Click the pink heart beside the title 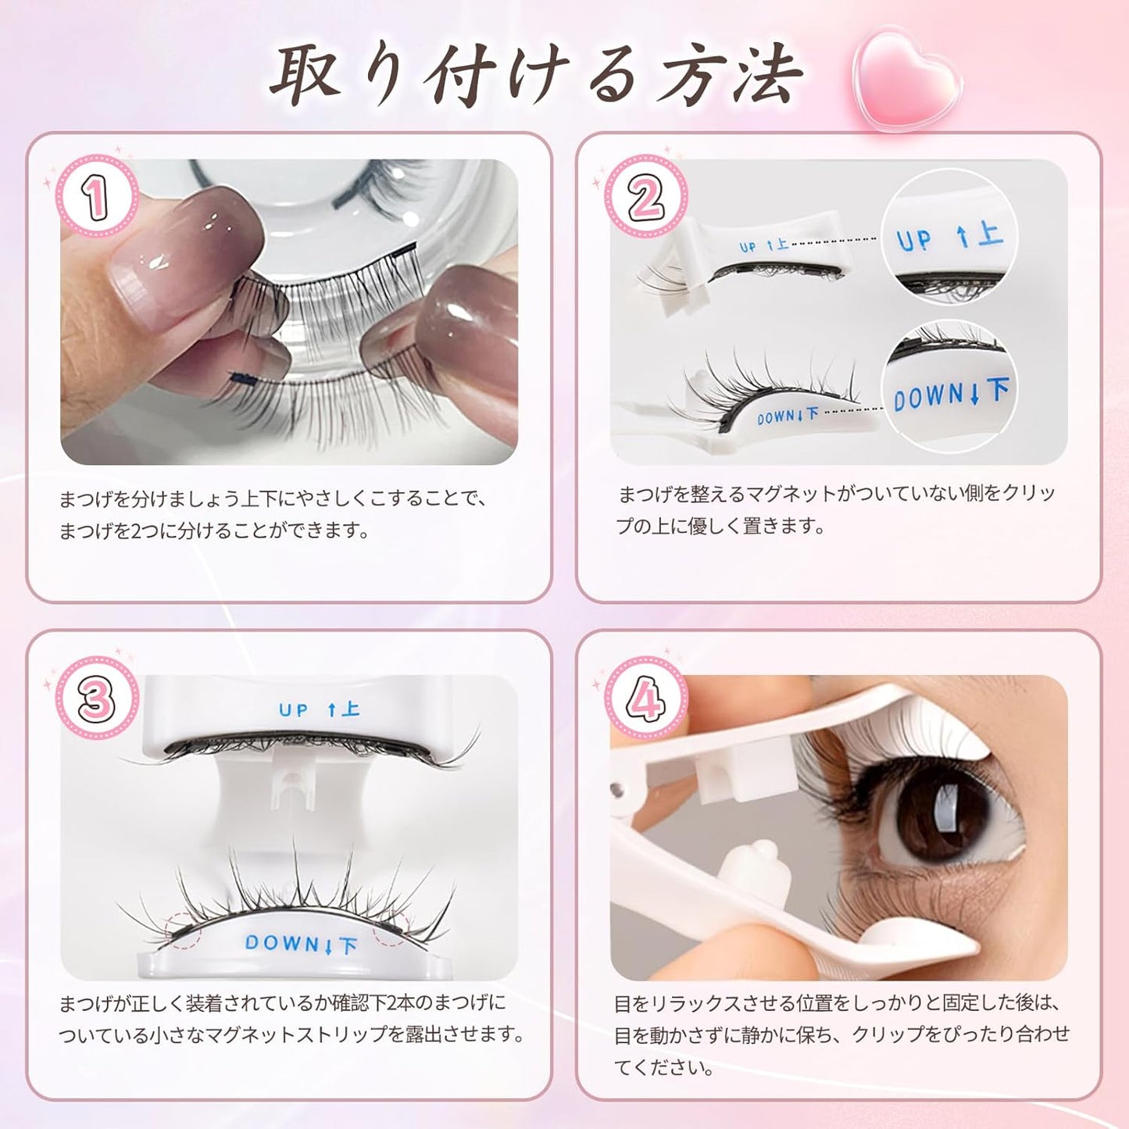906,78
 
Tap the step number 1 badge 97,197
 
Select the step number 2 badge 646,197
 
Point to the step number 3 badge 97,698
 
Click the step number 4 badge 646,698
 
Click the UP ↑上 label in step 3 319,709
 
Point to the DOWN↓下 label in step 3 301,944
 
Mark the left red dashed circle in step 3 184,929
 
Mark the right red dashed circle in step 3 391,927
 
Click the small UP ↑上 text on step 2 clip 763,246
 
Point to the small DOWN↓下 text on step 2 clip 788,416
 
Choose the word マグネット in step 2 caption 791,494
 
